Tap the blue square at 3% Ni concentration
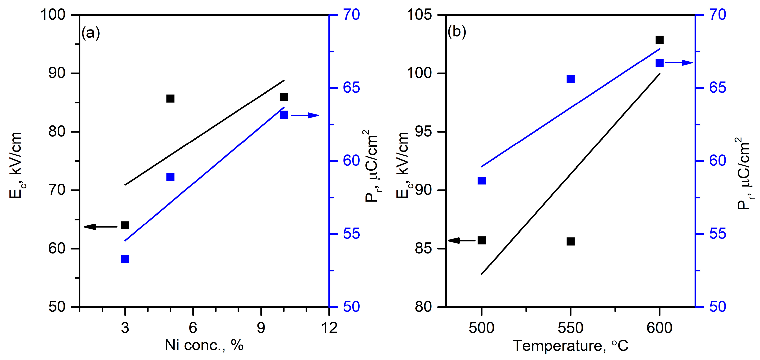click(x=125, y=259)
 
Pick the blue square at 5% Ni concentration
click(x=170, y=177)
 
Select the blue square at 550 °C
click(x=571, y=79)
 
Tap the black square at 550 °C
click(x=571, y=241)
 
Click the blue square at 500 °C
click(x=481, y=180)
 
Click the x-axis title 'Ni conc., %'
click(x=204, y=345)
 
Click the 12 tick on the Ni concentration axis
click(x=329, y=328)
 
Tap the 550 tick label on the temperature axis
click(x=571, y=328)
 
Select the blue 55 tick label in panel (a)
click(x=351, y=234)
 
